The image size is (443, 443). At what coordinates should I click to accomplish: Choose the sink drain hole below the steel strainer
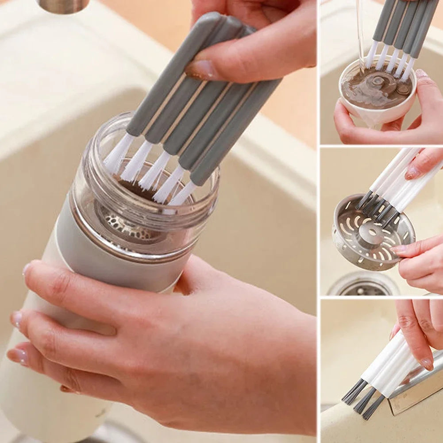[363, 286]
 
